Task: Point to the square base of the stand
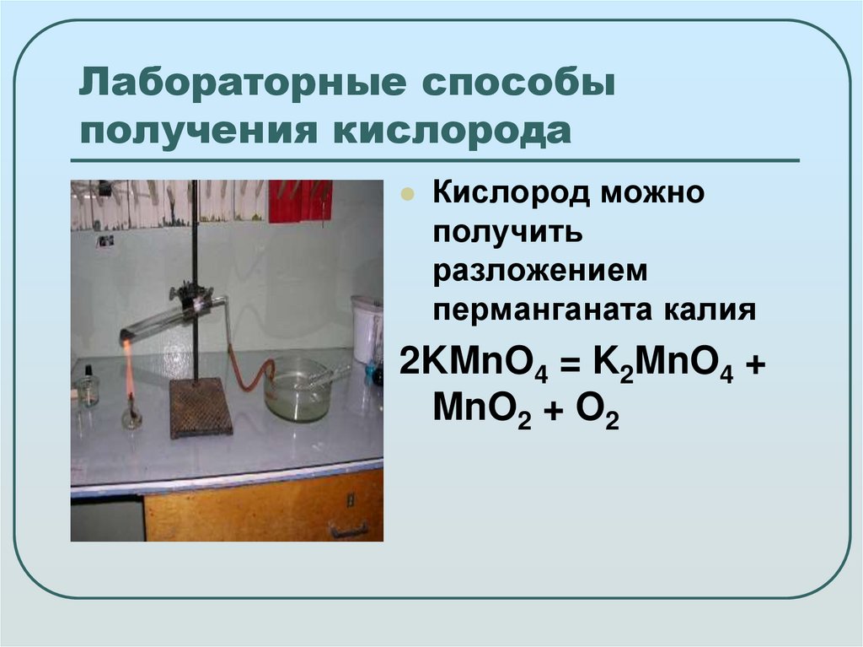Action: pyautogui.click(x=201, y=407)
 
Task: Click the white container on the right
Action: pyautogui.click(x=367, y=329)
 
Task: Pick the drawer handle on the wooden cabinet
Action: pyautogui.click(x=348, y=530)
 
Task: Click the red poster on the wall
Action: pyautogui.click(x=300, y=201)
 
